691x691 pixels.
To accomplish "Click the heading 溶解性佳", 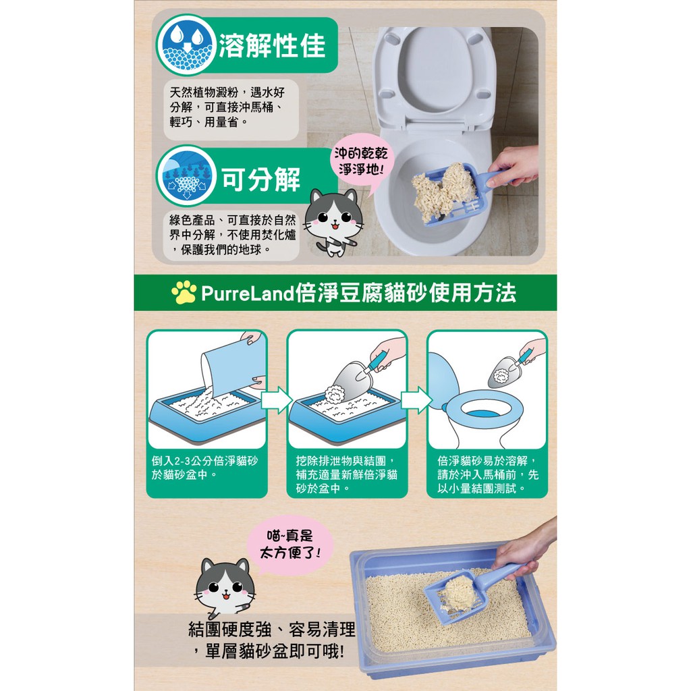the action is click(x=272, y=45).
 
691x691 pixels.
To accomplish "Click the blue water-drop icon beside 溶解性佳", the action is click(x=186, y=45).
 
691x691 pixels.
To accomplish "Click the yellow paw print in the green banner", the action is click(x=184, y=292).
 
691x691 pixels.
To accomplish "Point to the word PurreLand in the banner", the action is click(x=247, y=293).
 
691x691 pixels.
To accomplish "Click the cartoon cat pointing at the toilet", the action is click(x=333, y=221).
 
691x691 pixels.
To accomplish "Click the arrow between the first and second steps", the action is click(x=277, y=401).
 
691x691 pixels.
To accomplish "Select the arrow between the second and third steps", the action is click(x=416, y=401).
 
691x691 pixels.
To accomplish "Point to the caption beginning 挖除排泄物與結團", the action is click(x=346, y=474).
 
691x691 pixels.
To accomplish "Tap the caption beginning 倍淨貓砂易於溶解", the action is click(x=487, y=474).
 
